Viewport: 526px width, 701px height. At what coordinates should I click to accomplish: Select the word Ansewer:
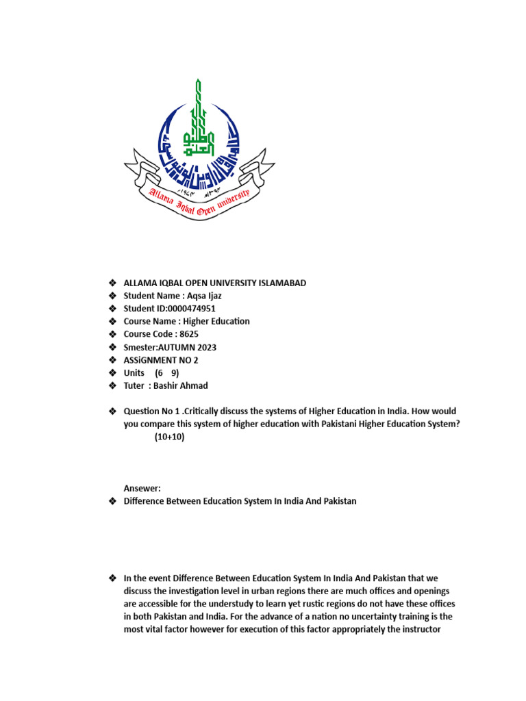tap(142, 488)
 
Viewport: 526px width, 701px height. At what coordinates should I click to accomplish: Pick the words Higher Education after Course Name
tap(217, 321)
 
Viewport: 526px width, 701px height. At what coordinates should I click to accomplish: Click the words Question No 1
tap(152, 411)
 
